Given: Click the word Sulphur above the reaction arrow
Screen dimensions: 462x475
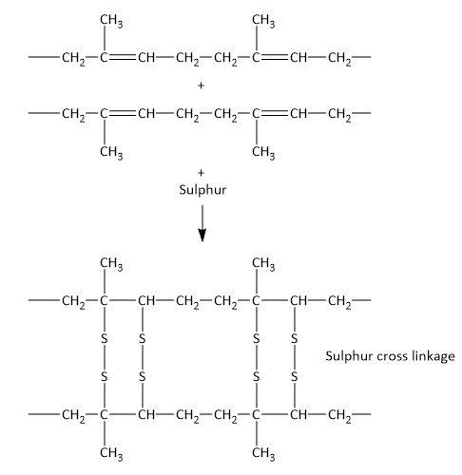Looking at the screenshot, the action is pyautogui.click(x=202, y=190).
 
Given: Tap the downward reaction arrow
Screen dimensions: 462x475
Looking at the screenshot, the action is pyautogui.click(x=202, y=223).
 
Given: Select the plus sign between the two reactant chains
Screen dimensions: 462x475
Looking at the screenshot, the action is pyautogui.click(x=201, y=85).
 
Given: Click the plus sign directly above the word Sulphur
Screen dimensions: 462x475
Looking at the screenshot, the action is pyautogui.click(x=201, y=173).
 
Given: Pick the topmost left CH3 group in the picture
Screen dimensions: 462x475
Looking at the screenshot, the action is pyautogui.click(x=111, y=21).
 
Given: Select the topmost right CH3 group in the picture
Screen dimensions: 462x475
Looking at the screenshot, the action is pyautogui.click(x=263, y=21).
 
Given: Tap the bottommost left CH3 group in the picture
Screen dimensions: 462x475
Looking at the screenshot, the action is pyautogui.click(x=111, y=453).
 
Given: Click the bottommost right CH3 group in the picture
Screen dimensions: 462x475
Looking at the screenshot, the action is pyautogui.click(x=263, y=453).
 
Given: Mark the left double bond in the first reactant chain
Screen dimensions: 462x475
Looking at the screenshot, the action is pyautogui.click(x=122, y=57).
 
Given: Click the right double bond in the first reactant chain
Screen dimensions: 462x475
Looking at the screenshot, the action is pyautogui.click(x=274, y=57).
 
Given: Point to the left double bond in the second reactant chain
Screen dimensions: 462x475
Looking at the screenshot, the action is pyautogui.click(x=122, y=113).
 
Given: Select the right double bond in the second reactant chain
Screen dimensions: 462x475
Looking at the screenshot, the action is pyautogui.click(x=274, y=113).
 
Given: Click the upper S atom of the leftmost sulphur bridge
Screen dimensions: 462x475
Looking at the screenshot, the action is pyautogui.click(x=104, y=339).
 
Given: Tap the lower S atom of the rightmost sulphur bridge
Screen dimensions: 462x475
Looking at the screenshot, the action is pyautogui.click(x=295, y=377).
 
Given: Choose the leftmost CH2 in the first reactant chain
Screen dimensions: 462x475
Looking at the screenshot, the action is pyautogui.click(x=73, y=58).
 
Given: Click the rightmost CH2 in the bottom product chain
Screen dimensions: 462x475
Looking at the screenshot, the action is pyautogui.click(x=339, y=415).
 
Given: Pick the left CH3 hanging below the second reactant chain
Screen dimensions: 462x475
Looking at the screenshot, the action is pyautogui.click(x=111, y=153).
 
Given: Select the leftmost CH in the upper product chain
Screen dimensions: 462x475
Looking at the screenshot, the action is pyautogui.click(x=146, y=300).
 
